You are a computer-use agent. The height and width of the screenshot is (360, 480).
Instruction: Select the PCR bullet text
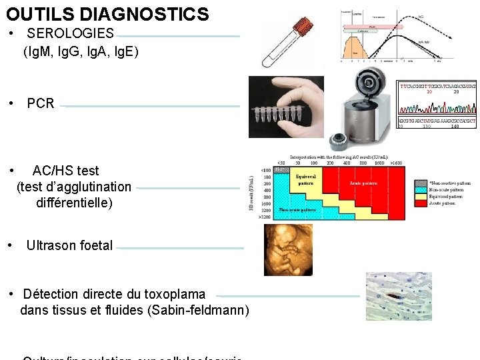pyautogui.click(x=41, y=103)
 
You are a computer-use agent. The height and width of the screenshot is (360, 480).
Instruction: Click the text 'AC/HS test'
pyautogui.click(x=65, y=171)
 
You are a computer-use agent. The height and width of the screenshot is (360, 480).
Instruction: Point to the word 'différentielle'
pyautogui.click(x=75, y=202)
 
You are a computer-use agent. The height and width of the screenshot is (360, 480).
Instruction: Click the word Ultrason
pyautogui.click(x=51, y=245)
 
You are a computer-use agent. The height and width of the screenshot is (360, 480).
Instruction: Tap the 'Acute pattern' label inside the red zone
pyautogui.click(x=363, y=183)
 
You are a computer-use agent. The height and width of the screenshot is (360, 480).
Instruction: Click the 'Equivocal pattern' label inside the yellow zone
pyautogui.click(x=307, y=179)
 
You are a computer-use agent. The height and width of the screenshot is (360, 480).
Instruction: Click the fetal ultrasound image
pyautogui.click(x=288, y=249)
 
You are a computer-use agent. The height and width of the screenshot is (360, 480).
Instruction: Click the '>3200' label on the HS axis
pyautogui.click(x=264, y=217)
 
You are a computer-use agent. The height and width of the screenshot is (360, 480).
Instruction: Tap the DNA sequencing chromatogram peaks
pyautogui.click(x=437, y=107)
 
